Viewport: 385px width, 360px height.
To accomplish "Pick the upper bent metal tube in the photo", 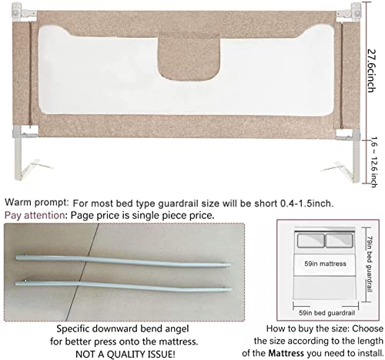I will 123,256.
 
